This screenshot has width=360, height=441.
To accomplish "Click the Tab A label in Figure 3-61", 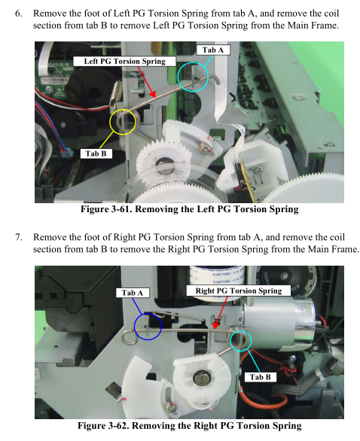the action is click(x=213, y=50).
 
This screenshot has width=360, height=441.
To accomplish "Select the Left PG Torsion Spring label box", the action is click(x=125, y=61).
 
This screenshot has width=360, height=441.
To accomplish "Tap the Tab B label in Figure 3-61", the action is click(x=96, y=154).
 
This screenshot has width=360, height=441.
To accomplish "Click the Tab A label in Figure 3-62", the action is click(x=133, y=293).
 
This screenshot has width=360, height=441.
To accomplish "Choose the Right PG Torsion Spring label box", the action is click(x=239, y=290).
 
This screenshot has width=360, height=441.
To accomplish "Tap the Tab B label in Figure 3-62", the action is click(x=260, y=377).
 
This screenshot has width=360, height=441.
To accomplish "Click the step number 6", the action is click(x=18, y=14).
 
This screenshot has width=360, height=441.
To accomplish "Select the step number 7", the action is click(x=18, y=237).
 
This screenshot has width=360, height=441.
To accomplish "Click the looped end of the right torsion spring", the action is click(x=129, y=337).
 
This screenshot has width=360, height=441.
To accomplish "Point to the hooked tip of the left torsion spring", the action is click(x=216, y=78).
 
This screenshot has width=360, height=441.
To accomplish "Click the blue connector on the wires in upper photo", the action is click(x=66, y=152).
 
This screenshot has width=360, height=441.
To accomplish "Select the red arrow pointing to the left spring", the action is click(x=145, y=82).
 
